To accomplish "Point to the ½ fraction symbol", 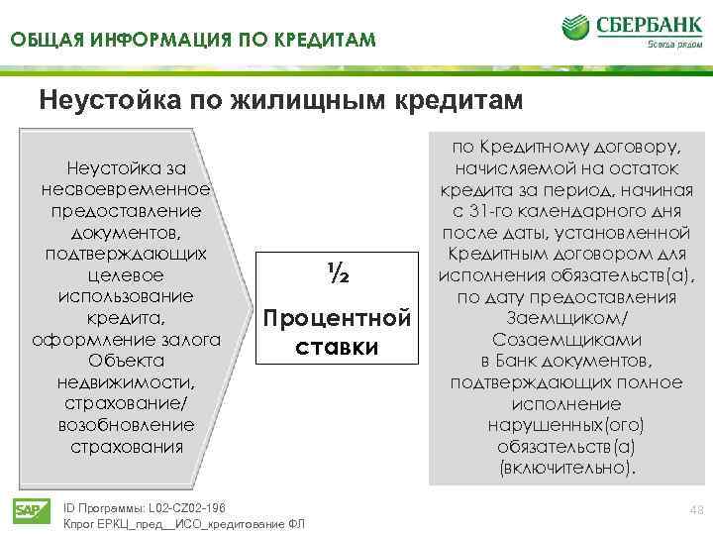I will point(336,273).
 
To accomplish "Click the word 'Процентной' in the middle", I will point(336,320).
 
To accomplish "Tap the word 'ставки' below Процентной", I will point(336,348).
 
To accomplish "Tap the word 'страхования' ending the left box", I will point(128,446).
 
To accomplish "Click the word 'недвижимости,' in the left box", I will point(128,381).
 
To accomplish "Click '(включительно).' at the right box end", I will point(566,467).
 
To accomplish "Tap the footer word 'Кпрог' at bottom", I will point(81,523).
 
